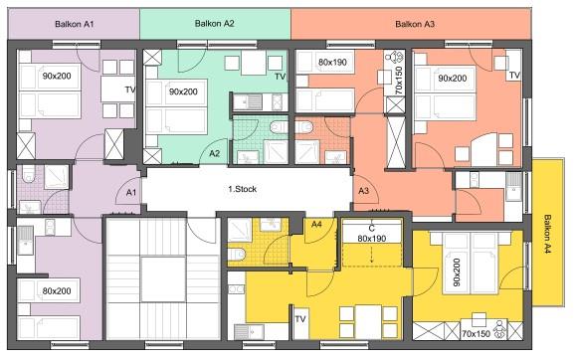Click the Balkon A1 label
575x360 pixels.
point(75,24)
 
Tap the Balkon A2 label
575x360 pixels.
point(215,24)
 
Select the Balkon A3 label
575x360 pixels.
point(415,24)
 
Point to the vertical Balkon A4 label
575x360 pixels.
point(547,234)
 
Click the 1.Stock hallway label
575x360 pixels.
point(243,189)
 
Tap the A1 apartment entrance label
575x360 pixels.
point(131,193)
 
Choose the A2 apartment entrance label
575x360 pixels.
point(215,153)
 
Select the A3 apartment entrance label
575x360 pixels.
point(363,191)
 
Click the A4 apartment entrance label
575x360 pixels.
point(316,224)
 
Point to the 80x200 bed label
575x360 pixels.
point(57,291)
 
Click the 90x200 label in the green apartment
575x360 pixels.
point(183,91)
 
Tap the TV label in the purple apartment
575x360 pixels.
point(130,90)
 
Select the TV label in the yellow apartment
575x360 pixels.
point(300,319)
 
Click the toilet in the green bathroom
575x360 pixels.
point(279,127)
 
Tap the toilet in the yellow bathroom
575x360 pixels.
point(237,254)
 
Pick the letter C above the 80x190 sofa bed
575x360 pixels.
point(372,229)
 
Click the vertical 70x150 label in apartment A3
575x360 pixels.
point(399,81)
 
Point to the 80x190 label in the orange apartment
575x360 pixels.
point(332,62)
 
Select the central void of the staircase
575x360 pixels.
point(163,279)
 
